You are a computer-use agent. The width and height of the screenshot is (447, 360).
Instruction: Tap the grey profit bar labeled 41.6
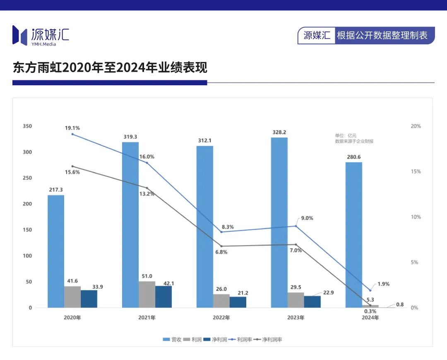pos(72,297)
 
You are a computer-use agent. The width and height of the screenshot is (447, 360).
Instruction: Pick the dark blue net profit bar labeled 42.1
pos(163,297)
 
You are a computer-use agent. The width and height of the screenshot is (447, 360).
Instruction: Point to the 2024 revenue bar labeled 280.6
pos(354,235)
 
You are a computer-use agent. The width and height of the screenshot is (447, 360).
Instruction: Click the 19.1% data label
pos(72,128)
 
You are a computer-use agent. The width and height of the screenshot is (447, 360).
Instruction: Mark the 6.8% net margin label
pos(221,252)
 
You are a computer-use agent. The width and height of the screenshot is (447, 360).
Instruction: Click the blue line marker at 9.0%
pos(296,226)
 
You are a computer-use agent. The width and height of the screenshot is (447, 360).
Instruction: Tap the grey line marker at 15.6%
pos(72,166)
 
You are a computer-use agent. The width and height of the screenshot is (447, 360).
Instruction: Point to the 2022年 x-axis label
pos(221,318)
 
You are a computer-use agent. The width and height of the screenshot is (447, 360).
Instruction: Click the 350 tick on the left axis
pos(27,126)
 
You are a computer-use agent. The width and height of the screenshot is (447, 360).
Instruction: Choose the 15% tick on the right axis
pos(415,172)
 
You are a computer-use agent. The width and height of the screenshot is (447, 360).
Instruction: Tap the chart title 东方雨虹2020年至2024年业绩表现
pos(110,67)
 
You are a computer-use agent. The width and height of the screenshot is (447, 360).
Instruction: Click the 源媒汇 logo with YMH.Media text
pos(41,35)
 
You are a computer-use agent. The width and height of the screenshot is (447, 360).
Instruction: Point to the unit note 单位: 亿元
pos(346,135)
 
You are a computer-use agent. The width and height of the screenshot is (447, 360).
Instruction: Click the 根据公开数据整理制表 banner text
pos(382,36)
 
